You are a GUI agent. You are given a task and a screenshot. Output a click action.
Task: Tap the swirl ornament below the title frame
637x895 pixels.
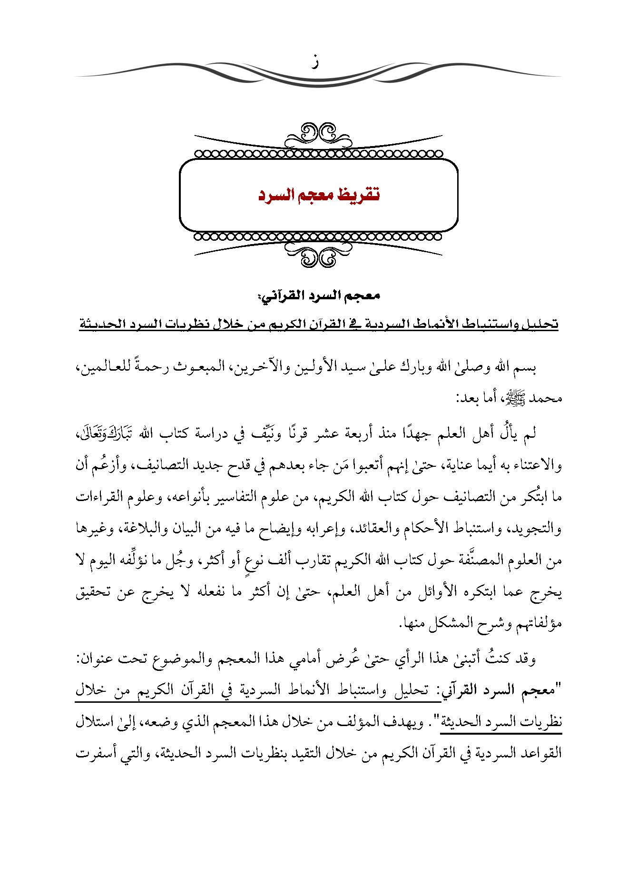coord(318,257)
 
